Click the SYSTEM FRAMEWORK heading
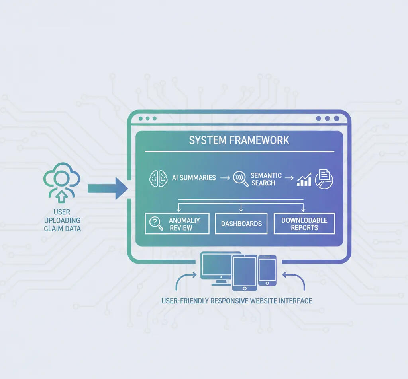(x=239, y=140)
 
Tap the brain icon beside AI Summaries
(x=158, y=178)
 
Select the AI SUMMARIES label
(x=194, y=178)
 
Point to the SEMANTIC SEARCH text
(x=266, y=179)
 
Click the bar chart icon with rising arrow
(x=304, y=180)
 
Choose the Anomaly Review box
(x=177, y=224)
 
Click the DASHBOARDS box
(x=241, y=224)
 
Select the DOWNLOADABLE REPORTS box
(x=304, y=224)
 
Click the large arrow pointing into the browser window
(x=107, y=188)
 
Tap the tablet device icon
(x=244, y=272)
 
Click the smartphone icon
(x=267, y=270)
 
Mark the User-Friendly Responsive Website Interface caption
(x=237, y=301)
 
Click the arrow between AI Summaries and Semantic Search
(x=225, y=178)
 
